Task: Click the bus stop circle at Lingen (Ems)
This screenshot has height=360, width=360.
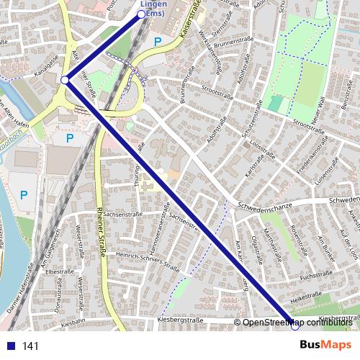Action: [x=142, y=14]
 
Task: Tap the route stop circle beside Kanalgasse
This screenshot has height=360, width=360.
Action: [x=65, y=80]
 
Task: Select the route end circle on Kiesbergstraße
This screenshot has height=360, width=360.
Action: [x=294, y=326]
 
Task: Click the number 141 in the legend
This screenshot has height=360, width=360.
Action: [x=30, y=346]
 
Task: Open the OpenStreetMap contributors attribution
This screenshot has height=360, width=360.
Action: [x=297, y=322]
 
